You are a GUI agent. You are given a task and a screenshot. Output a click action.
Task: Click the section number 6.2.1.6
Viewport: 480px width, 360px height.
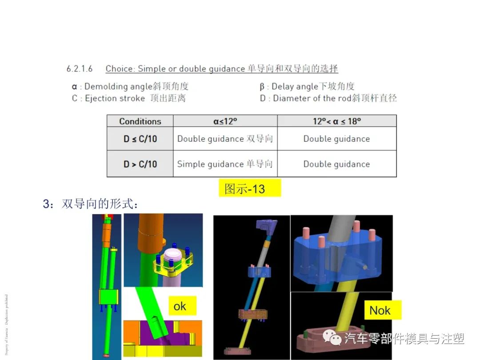(x=80, y=69)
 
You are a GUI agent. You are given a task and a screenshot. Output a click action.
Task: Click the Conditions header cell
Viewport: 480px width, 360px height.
(x=140, y=121)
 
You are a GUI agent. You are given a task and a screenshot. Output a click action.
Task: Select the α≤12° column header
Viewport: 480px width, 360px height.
(x=225, y=121)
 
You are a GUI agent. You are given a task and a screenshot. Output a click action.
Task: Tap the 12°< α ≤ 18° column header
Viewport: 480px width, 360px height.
(x=336, y=121)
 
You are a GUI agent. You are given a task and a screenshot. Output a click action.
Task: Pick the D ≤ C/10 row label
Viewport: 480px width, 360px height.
(x=140, y=139)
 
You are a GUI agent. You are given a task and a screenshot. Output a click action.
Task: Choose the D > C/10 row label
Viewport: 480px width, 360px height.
(x=140, y=164)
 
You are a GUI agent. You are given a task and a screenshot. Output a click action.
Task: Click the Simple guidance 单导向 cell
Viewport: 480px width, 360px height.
(x=225, y=164)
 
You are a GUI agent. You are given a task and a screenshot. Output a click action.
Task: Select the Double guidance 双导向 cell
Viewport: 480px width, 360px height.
(x=225, y=139)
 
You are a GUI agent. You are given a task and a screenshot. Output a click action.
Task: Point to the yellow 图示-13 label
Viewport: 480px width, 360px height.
(x=250, y=188)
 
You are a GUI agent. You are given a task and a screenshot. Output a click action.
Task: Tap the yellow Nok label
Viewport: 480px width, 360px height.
(x=380, y=310)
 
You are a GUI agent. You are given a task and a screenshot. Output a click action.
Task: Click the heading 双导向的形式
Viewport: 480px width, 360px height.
(x=100, y=204)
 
